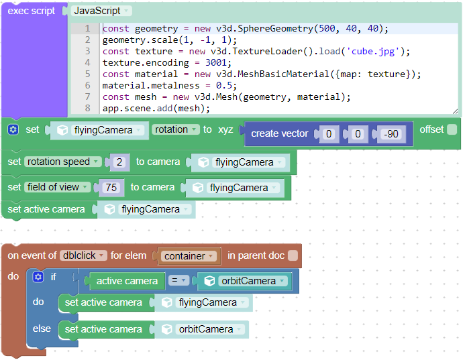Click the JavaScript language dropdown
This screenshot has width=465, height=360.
(x=101, y=11)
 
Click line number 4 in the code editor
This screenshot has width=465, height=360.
(x=87, y=62)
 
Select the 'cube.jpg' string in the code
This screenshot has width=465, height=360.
(x=373, y=52)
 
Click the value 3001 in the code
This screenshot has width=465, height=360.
(x=216, y=62)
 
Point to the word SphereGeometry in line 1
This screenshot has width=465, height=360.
(x=275, y=28)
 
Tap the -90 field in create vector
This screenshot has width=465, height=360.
(x=391, y=134)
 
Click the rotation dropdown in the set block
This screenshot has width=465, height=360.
(x=176, y=129)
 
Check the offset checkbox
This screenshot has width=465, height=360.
(x=452, y=129)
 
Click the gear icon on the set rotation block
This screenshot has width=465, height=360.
(x=13, y=129)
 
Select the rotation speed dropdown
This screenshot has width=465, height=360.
(x=62, y=162)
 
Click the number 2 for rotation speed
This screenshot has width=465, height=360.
(x=119, y=162)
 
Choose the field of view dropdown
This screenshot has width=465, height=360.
(x=57, y=187)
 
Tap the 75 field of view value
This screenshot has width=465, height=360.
(x=111, y=188)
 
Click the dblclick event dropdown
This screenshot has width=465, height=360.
(x=83, y=255)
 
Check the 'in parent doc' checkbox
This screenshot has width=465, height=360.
(x=293, y=255)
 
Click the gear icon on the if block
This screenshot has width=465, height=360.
(x=38, y=277)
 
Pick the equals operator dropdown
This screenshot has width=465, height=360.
(x=178, y=280)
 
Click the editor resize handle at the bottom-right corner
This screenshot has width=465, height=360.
(x=455, y=111)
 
